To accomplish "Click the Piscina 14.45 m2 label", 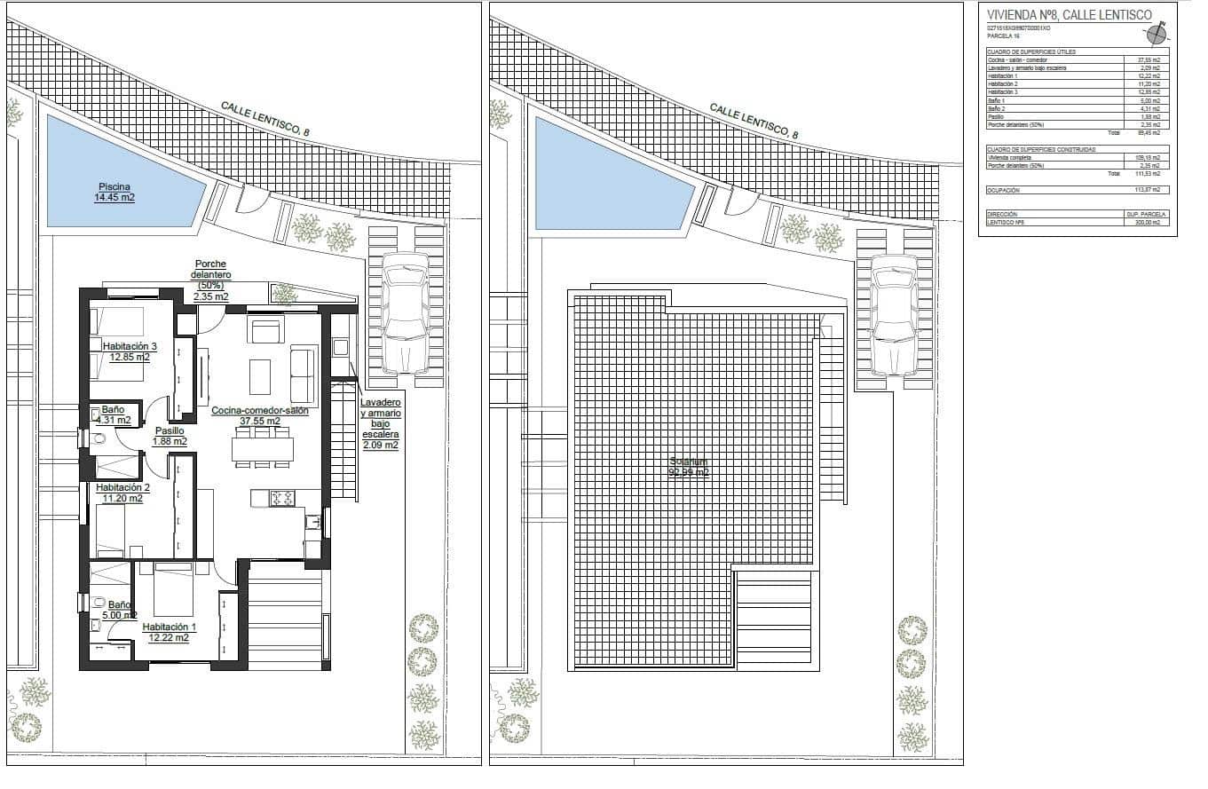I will point(114,192).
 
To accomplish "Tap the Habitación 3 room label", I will point(130,351).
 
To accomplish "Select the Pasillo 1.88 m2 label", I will point(170,436).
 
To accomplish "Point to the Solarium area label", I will point(689,468).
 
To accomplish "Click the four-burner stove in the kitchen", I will point(282,499).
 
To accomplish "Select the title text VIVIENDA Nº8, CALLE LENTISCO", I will point(1069,15).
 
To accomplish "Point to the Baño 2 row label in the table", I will point(999,108).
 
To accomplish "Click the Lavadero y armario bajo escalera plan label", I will point(381,424).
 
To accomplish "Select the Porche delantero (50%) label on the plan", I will point(209,280).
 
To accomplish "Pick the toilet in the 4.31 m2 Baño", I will point(99,438).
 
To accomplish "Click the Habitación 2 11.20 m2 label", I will point(122,493).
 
